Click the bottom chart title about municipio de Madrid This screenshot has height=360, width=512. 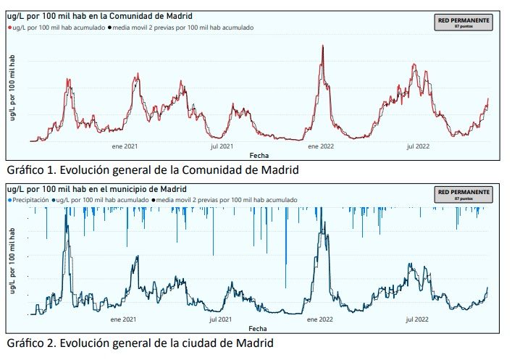pyautogui.click(x=96, y=189)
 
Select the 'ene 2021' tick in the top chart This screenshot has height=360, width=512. pyautogui.click(x=125, y=146)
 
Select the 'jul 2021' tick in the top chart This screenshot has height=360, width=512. pyautogui.click(x=222, y=146)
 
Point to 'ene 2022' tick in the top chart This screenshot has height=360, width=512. pyautogui.click(x=320, y=146)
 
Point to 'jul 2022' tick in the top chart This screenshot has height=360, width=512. pyautogui.click(x=418, y=146)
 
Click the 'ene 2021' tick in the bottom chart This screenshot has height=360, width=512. pyautogui.click(x=125, y=319)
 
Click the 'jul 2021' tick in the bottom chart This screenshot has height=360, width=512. pyautogui.click(x=222, y=319)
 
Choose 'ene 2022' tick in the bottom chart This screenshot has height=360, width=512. pyautogui.click(x=320, y=319)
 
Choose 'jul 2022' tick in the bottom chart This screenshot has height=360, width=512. pyautogui.click(x=418, y=319)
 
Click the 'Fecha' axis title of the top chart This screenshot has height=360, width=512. pyautogui.click(x=259, y=155)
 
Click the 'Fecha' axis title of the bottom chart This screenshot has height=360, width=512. pyautogui.click(x=259, y=327)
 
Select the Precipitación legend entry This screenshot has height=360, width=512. pyautogui.click(x=29, y=198)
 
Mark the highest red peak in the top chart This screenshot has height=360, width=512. pyautogui.click(x=322, y=46)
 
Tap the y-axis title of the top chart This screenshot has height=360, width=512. pyautogui.click(x=12, y=87)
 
